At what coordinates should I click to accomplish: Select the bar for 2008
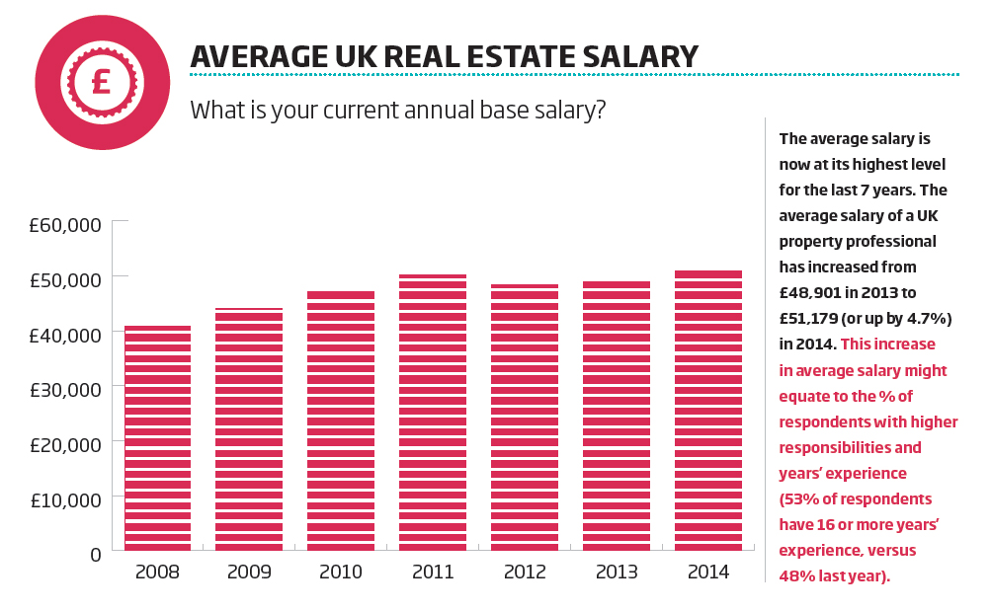(158, 438)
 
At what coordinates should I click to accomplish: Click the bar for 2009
(249, 429)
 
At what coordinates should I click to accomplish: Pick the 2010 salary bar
(341, 421)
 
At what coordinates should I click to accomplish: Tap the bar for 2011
(433, 413)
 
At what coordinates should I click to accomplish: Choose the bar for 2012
(525, 418)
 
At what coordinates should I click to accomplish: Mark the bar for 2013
(617, 416)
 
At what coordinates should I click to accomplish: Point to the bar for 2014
(708, 411)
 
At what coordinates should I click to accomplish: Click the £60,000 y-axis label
(64, 226)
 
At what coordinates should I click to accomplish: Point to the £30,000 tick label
(64, 390)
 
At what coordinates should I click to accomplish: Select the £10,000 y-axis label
(64, 500)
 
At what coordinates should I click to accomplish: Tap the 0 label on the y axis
(95, 555)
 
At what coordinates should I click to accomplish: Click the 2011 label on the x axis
(433, 573)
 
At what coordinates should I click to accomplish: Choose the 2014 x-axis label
(708, 573)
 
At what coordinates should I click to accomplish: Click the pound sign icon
(101, 82)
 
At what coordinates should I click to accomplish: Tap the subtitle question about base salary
(397, 110)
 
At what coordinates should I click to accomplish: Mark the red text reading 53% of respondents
(856, 498)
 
